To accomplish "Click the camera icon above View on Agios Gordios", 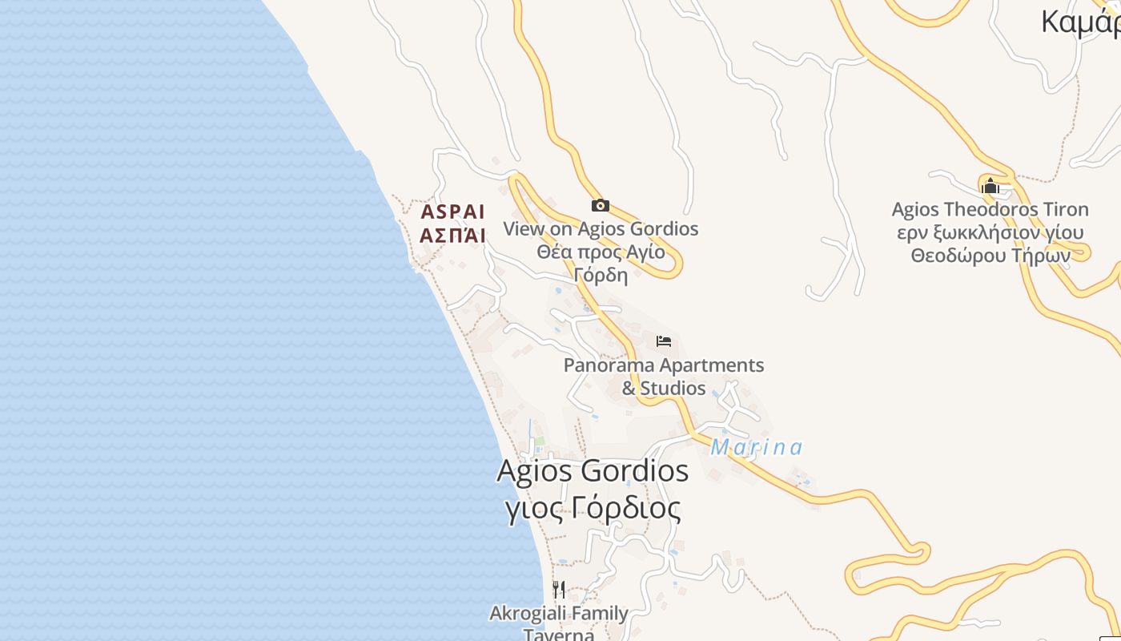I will (601, 206).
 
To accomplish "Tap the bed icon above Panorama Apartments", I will (663, 341).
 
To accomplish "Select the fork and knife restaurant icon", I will (559, 590).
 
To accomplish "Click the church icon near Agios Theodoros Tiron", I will (990, 186).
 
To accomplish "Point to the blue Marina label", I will (756, 447).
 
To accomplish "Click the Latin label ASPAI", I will (453, 212).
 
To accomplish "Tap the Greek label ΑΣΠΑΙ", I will (453, 236).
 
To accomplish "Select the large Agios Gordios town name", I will (593, 470).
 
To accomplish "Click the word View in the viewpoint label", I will (524, 229).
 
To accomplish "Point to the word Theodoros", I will (987, 210).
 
